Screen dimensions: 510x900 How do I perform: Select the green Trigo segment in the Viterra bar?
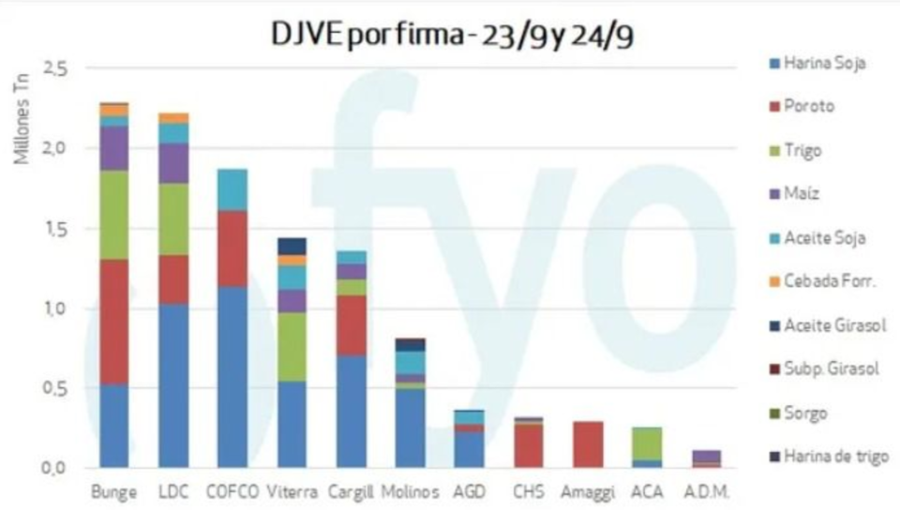292,346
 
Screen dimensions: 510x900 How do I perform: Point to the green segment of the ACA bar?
647,442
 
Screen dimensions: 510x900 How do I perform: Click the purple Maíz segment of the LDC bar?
173,163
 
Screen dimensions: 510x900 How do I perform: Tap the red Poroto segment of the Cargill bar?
352,325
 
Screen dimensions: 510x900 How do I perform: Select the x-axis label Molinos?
411,491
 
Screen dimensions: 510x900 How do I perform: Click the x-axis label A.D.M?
706,491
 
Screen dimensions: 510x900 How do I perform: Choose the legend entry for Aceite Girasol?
834,324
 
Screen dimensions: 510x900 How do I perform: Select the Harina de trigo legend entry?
835,457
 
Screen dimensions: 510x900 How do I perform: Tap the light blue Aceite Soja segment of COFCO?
232,189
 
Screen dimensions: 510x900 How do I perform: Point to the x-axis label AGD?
470,491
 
